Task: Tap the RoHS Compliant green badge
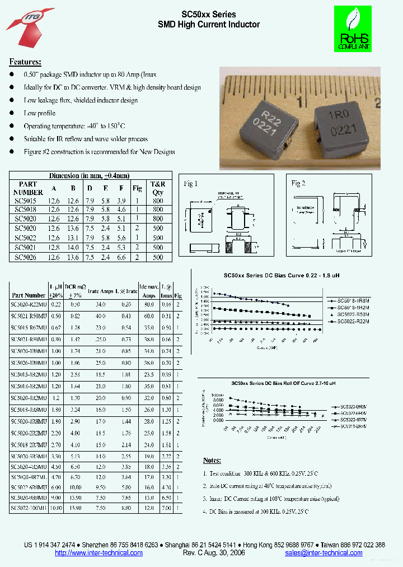[352, 29]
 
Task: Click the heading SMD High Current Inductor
[209, 25]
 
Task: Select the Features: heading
[25, 62]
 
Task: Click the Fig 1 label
[191, 184]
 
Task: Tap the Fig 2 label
[298, 183]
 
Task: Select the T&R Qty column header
[158, 188]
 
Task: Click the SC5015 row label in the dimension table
[26, 200]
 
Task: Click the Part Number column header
[29, 295]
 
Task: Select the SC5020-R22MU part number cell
[29, 305]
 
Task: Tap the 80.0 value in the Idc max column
[148, 305]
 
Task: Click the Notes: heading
[212, 460]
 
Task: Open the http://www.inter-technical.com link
[99, 553]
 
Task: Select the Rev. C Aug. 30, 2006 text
[214, 553]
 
